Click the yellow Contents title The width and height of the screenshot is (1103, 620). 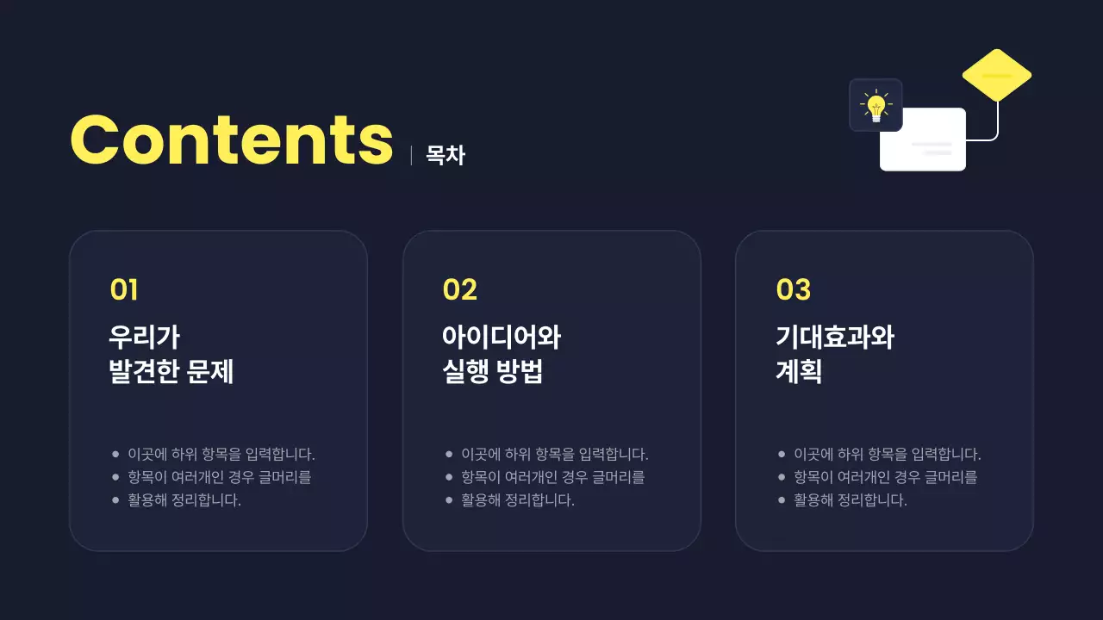coord(231,139)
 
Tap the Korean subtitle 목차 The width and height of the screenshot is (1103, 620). coord(446,155)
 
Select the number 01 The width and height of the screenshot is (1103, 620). coord(124,290)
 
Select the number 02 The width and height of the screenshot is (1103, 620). coord(459,290)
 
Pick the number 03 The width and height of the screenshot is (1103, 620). coord(793,290)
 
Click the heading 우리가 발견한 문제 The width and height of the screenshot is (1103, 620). coord(171,354)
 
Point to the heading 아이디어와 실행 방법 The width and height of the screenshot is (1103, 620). coord(501,354)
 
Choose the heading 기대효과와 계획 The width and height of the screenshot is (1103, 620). coord(834,354)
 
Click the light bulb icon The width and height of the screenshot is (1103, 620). coord(876,105)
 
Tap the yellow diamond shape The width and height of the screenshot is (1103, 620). coord(996,75)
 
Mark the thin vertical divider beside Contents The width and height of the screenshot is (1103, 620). coord(411,155)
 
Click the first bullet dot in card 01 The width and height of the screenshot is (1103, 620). coord(115,454)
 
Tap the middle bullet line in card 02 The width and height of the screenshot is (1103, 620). coord(552,477)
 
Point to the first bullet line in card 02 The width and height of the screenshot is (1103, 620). coord(554,454)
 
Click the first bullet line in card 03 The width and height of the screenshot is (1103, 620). coord(887,454)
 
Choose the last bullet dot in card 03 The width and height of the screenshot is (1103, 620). coord(782,500)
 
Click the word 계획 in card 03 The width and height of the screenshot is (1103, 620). coord(798,372)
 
